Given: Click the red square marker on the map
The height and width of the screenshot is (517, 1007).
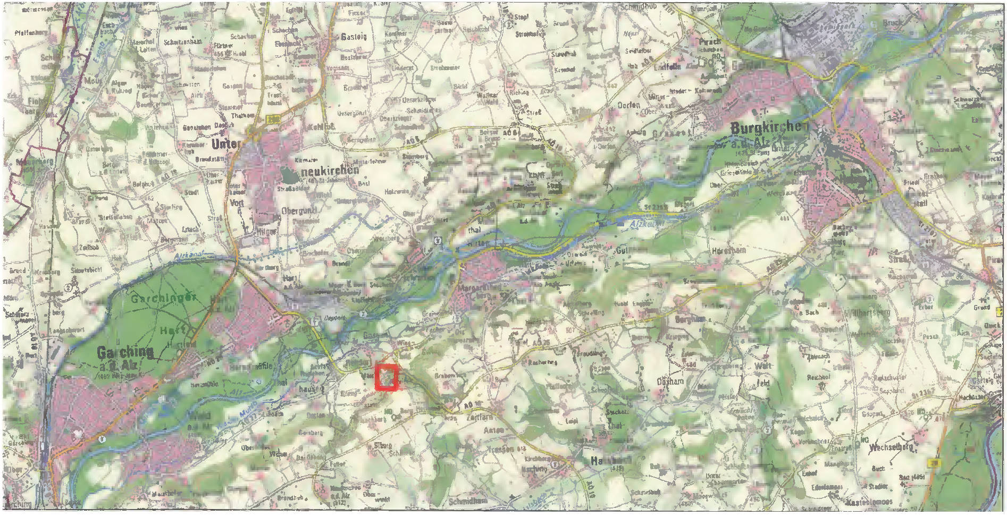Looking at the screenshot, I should pos(387,378).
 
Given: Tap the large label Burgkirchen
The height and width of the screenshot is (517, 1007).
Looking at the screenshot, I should pos(769,128).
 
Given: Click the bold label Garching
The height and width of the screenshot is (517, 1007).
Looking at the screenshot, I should pos(125,352).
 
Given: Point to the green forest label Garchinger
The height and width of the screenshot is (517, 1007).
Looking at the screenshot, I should pos(163,298).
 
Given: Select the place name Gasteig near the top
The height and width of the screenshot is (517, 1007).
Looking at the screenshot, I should pos(354,37).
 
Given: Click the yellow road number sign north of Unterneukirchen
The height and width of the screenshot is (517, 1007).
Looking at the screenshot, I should pos(273,120).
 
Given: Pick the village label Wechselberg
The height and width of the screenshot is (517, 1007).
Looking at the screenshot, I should pos(891,447).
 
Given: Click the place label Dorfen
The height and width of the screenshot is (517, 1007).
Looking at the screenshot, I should pos(628,105).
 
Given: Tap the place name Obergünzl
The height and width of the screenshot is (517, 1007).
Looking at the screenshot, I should pos(299,211).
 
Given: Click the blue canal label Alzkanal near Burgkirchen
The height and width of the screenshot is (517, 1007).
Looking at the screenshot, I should pos(647,225).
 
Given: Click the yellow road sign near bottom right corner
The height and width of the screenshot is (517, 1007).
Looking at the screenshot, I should pos(934,463).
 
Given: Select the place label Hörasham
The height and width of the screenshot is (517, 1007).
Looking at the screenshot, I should pos(728,250).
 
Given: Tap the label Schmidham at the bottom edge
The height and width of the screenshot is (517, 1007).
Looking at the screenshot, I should pos(468,501).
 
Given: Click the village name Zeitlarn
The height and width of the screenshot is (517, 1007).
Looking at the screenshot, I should pos(479,418).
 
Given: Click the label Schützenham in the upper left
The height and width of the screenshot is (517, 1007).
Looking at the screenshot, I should pos(182,42).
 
